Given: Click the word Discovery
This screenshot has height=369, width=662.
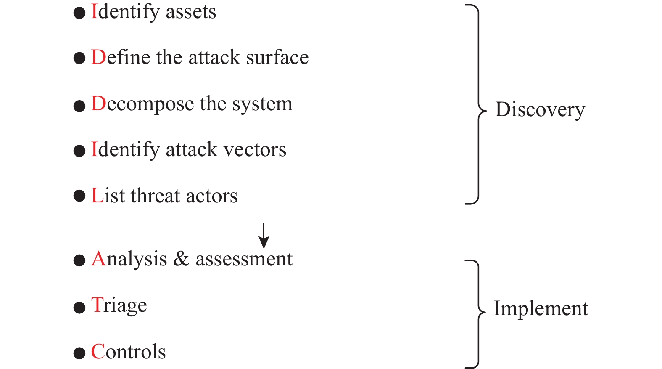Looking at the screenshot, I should pyautogui.click(x=540, y=110).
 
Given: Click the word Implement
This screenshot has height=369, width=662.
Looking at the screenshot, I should pyautogui.click(x=541, y=308).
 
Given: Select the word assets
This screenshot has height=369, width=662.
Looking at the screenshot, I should pyautogui.click(x=191, y=12).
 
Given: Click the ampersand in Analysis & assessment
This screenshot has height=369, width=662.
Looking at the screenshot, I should pyautogui.click(x=181, y=259).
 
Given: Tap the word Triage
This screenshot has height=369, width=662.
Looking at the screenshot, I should pyautogui.click(x=119, y=305).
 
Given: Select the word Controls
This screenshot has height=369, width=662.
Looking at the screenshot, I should pyautogui.click(x=128, y=352).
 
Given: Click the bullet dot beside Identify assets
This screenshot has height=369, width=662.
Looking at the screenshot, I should pyautogui.click(x=79, y=13).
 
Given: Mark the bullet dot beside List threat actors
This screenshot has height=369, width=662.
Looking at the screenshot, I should pyautogui.click(x=79, y=196).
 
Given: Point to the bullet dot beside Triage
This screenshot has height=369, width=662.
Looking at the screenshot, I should pyautogui.click(x=79, y=308).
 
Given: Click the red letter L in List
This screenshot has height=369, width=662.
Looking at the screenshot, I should pyautogui.click(x=97, y=196).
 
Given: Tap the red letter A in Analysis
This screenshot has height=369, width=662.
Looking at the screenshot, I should pyautogui.click(x=98, y=259).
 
